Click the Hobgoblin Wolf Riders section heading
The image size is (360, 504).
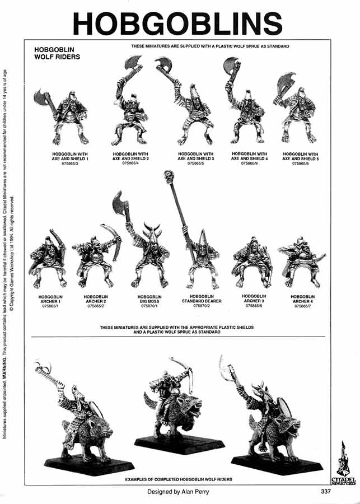pyautogui.click(x=58, y=53)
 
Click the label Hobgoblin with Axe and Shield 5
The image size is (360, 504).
pyautogui.click(x=301, y=156)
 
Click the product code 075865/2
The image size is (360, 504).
pyautogui.click(x=96, y=306)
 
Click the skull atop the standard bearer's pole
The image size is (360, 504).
pyautogui.click(x=167, y=178)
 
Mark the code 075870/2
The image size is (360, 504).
pyautogui.click(x=205, y=306)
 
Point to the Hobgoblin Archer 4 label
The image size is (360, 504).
pyautogui.click(x=302, y=299)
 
